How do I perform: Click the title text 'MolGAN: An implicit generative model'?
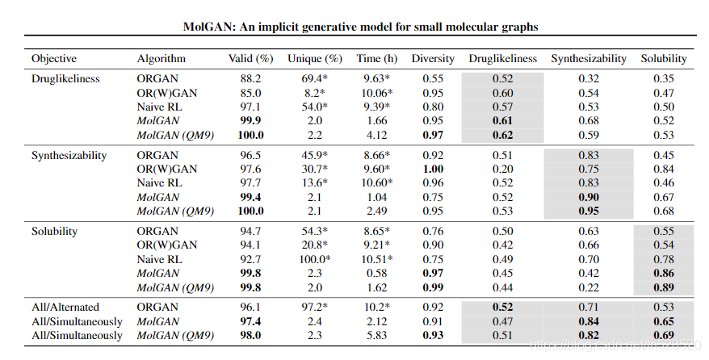click(359, 27)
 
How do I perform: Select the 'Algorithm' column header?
click(162, 59)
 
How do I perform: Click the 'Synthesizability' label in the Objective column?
click(69, 155)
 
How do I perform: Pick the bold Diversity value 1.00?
click(433, 170)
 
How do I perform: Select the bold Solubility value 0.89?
click(663, 287)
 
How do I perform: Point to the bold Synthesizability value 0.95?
click(588, 211)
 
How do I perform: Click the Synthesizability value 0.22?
click(588, 287)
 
